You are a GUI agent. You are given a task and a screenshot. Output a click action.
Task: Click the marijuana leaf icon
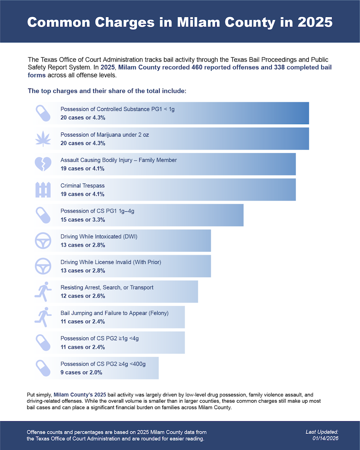coord(43,139)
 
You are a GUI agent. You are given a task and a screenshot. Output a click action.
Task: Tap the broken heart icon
coord(43,164)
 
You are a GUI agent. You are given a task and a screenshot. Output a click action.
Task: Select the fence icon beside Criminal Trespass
coord(43,190)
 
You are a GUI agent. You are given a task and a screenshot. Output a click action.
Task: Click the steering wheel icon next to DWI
coord(43,241)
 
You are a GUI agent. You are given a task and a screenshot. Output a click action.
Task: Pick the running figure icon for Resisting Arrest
coord(43,291)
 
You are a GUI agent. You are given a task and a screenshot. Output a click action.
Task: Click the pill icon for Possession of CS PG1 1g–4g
coord(43,215)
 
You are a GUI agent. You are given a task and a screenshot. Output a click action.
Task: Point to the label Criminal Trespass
coord(82,186)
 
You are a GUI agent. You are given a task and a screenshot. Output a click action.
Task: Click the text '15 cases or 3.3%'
coord(83,220)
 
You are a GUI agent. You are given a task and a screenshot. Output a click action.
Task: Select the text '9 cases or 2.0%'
coord(81,372)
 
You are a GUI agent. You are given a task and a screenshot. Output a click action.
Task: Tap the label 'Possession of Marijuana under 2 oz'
coord(104,135)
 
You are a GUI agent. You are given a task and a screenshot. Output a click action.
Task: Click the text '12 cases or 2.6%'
coord(83,296)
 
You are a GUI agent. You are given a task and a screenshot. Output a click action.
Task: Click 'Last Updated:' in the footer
coord(322,432)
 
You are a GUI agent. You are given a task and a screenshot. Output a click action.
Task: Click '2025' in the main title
coord(315,22)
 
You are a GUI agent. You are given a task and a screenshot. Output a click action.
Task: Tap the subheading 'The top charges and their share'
coord(107,91)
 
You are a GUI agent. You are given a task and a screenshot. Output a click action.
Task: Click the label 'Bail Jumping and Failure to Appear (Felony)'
coord(114,313)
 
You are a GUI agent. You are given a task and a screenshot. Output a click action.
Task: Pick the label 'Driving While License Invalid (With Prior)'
coord(111,262)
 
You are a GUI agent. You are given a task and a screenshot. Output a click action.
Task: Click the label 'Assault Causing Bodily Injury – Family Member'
coord(118,160)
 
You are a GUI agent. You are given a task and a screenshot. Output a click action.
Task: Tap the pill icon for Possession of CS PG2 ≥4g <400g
coord(43,368)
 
